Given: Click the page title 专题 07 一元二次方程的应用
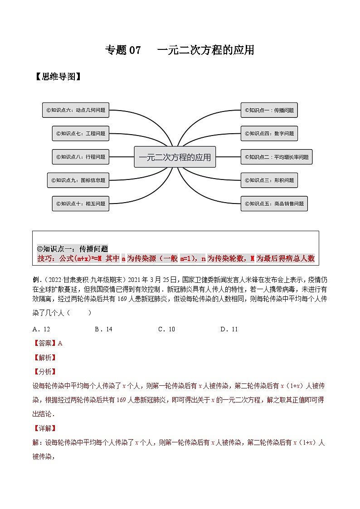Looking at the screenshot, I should (x=180, y=50).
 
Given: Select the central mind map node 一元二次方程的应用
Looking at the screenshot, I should (x=175, y=157).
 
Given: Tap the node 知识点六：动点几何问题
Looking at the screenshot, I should (x=76, y=110).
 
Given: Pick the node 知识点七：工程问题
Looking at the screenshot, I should (x=81, y=133).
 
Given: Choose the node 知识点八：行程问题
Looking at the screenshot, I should (x=81, y=157).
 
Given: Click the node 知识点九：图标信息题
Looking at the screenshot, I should (x=78, y=180).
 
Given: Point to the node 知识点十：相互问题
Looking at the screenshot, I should (x=81, y=204).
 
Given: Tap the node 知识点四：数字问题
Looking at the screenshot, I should (x=269, y=133).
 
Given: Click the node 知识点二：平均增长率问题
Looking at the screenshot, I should (x=276, y=157).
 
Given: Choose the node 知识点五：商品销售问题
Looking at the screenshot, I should (x=274, y=204).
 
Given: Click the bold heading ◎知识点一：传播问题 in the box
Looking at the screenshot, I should (x=73, y=248).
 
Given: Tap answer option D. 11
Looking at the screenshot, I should (x=229, y=329).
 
